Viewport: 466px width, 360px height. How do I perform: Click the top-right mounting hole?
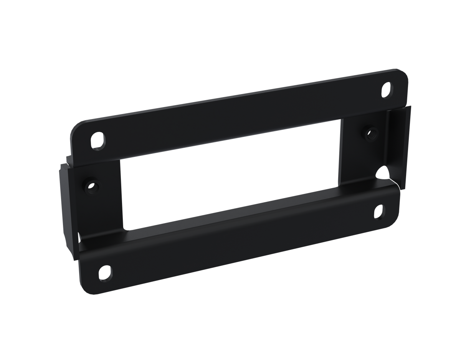point(387,89)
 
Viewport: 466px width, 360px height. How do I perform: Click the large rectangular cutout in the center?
point(230,177)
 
